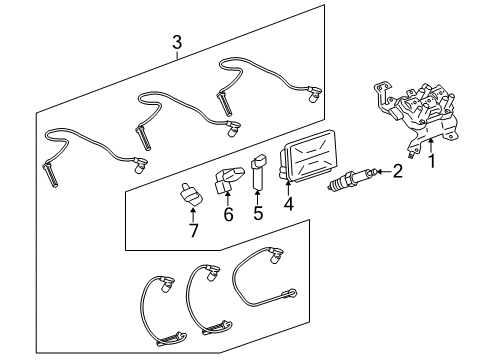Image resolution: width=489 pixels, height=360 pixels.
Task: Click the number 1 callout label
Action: [x=431, y=159]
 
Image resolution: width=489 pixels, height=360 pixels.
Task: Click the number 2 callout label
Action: [x=397, y=172]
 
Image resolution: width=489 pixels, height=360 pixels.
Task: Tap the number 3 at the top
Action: [x=177, y=42]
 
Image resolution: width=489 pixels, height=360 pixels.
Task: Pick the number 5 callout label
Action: [x=257, y=212]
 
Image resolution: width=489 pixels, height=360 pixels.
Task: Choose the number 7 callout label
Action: [x=195, y=230]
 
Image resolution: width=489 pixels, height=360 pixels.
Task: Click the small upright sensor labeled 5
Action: [x=258, y=170]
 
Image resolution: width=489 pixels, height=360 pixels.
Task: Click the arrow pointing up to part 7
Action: [x=194, y=213]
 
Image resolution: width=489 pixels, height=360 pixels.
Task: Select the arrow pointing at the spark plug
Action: [x=382, y=173]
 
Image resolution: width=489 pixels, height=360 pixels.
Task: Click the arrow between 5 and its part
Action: [x=258, y=194]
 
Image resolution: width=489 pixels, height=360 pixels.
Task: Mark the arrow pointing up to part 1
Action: [x=431, y=143]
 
